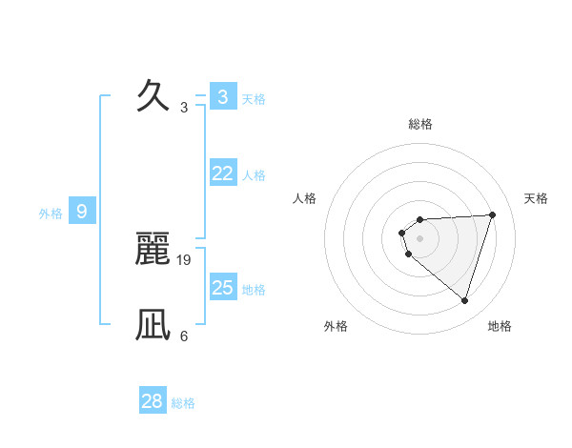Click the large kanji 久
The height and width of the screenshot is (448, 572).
pos(153,95)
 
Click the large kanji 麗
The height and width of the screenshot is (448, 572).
pos(153,248)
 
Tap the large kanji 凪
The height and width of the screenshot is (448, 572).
pos(153,325)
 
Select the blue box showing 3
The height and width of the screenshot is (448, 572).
pos(222,96)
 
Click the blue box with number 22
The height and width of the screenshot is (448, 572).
pos(222,173)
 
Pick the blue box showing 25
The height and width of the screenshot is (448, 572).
pos(222,288)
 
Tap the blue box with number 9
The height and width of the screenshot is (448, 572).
pos(82,212)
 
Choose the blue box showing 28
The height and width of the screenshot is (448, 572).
pos(153,401)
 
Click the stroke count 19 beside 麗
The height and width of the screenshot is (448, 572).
pos(184,259)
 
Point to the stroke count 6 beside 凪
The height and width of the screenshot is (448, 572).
pos(184,336)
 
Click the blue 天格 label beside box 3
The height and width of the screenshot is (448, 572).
pos(254,98)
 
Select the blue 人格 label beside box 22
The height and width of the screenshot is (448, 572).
pos(254,175)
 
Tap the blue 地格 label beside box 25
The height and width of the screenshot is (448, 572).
pos(254,290)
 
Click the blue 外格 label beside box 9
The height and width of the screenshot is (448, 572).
pos(51,214)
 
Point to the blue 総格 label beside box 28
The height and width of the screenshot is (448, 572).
pos(183,403)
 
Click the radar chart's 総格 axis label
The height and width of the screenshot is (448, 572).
pos(420,124)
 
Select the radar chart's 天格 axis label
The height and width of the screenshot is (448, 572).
pos(536,198)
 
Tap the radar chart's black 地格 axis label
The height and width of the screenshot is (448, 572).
pos(500,326)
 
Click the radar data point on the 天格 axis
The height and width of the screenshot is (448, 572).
pos(493,214)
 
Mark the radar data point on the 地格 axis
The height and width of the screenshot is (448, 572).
pos(464,300)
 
